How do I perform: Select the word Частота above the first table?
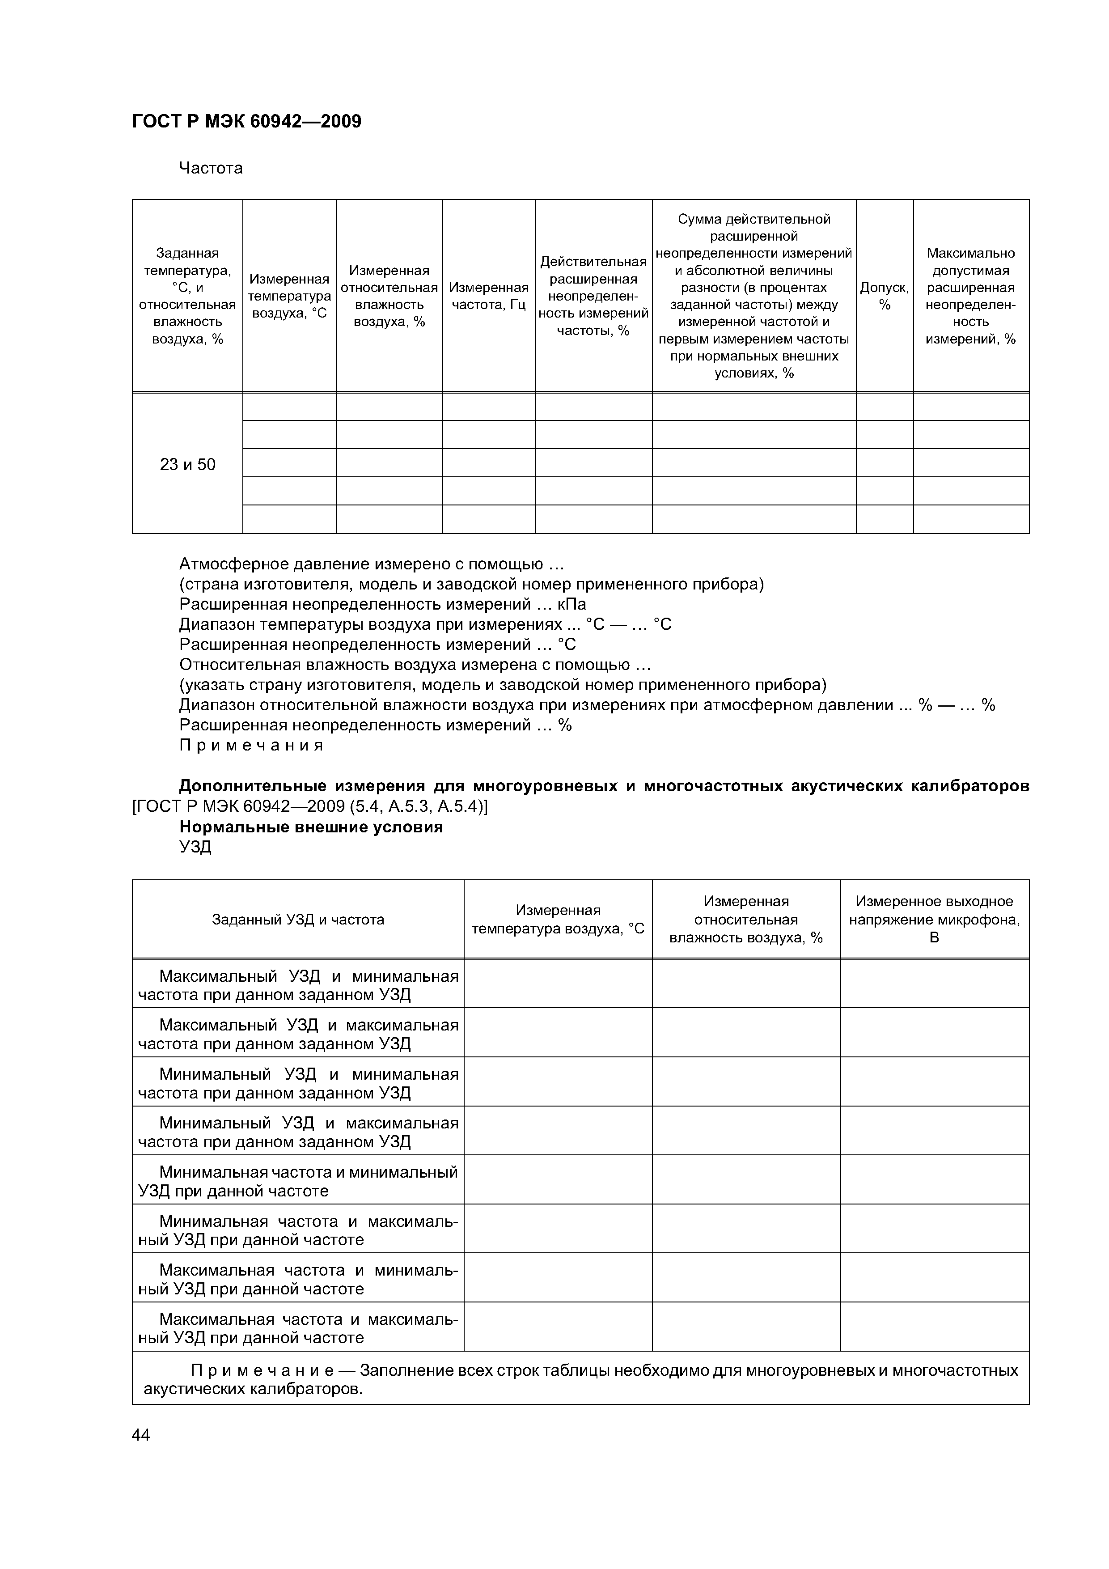(x=211, y=168)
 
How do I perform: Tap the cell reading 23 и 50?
(x=187, y=465)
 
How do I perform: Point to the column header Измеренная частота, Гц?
(x=489, y=296)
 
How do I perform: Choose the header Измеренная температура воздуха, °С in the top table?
(x=289, y=296)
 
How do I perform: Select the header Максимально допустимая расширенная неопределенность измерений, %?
(x=970, y=296)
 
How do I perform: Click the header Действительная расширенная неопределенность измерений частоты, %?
(x=593, y=296)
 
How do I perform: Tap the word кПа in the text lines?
(x=571, y=605)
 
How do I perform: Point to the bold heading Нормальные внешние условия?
(x=311, y=827)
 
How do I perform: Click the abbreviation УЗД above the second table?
(x=195, y=848)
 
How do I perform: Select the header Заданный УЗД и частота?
(x=298, y=920)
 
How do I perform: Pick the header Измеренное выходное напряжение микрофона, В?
(x=934, y=920)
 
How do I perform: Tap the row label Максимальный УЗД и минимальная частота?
(x=298, y=985)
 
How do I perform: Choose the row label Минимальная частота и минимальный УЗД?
(x=298, y=1182)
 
